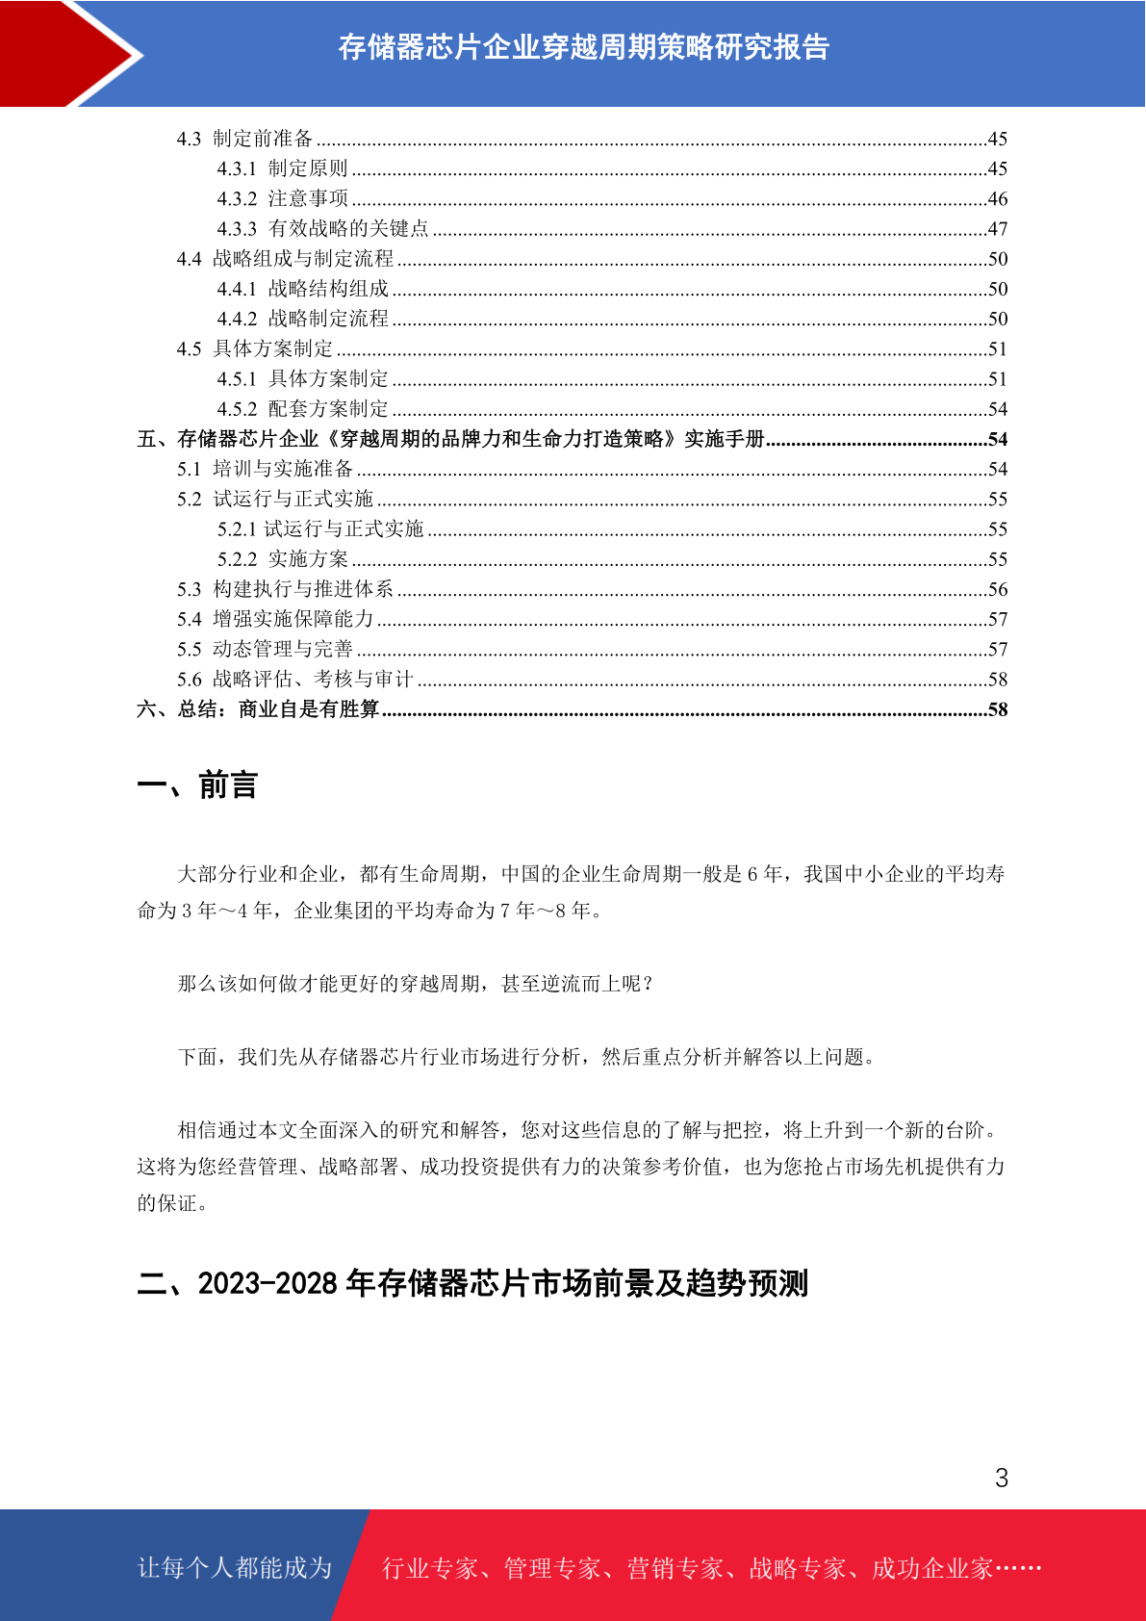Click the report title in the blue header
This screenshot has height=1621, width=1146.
click(583, 47)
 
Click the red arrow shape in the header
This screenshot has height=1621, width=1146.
click(58, 53)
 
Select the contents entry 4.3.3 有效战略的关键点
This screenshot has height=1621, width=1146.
click(322, 229)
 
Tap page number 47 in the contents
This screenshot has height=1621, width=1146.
click(997, 229)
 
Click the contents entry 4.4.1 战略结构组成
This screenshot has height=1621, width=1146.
click(302, 289)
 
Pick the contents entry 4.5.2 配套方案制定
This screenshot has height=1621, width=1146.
click(302, 409)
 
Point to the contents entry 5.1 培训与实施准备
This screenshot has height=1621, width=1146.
click(265, 469)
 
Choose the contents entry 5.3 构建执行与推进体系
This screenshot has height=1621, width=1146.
click(285, 589)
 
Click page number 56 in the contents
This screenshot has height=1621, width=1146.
click(997, 589)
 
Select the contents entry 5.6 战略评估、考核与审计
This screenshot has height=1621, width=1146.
click(294, 680)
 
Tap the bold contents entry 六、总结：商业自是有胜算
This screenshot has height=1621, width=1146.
click(258, 709)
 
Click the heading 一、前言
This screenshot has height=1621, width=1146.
click(197, 785)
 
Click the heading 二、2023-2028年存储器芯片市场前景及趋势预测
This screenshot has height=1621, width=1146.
click(472, 1283)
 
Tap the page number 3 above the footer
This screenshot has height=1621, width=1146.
click(1001, 1478)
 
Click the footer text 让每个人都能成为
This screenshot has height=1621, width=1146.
click(235, 1568)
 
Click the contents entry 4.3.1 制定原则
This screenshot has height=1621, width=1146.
click(282, 168)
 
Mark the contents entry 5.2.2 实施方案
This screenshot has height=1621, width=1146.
click(282, 559)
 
